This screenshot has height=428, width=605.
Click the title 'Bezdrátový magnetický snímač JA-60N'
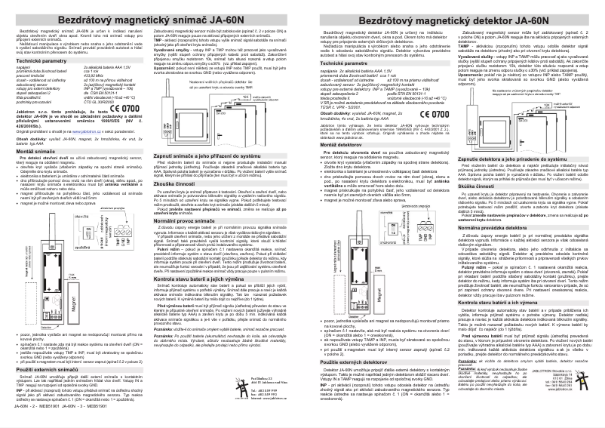point(152,14)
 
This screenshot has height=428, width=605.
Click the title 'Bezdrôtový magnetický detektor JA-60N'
point(452,16)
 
